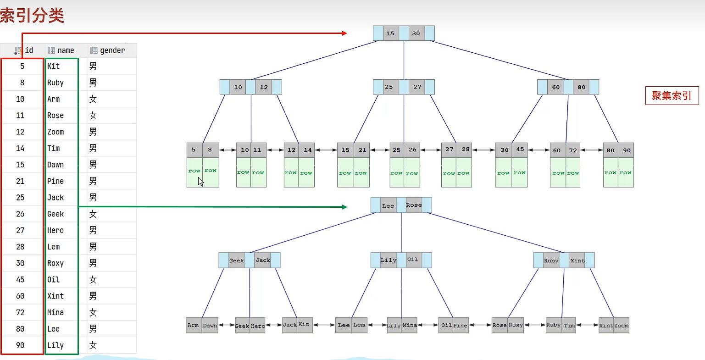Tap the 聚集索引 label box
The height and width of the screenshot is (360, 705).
672,96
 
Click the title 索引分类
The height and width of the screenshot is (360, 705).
32,16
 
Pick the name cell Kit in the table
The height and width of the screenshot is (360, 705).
54,66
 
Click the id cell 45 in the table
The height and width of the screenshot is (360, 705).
20,279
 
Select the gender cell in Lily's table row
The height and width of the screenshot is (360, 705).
93,345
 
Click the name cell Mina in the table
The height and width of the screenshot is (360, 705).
56,312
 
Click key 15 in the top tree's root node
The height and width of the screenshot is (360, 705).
390,33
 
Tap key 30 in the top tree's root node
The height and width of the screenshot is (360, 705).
416,33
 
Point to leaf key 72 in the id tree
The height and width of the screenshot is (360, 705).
573,150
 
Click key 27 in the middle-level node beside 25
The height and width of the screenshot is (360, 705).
417,87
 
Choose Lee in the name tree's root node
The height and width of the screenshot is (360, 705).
388,205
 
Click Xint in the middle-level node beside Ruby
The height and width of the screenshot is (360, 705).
577,260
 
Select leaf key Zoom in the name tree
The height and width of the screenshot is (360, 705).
621,326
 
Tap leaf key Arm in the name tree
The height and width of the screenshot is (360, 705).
193,325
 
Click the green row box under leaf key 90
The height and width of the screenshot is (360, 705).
626,172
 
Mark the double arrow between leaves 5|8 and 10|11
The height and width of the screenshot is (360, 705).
228,150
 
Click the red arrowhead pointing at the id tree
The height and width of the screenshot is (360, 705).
344,33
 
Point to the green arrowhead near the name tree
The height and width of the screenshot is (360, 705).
344,207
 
